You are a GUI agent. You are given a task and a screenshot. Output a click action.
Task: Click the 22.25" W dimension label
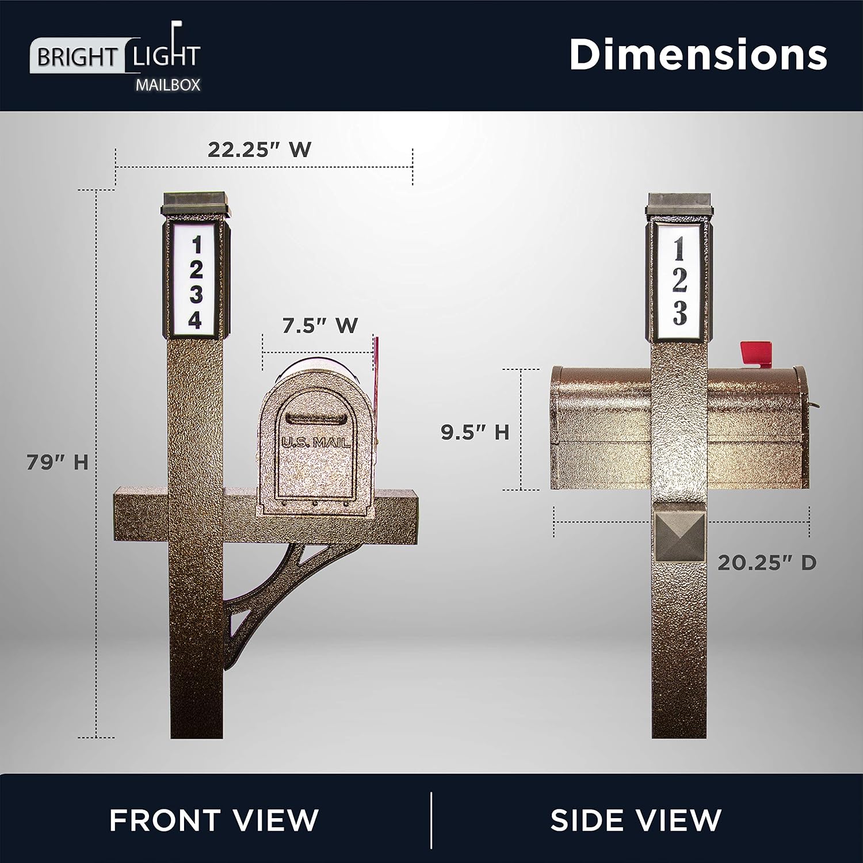point(259,150)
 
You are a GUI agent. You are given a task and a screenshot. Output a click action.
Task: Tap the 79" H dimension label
point(58,462)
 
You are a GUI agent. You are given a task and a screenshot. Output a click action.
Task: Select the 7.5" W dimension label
point(320,326)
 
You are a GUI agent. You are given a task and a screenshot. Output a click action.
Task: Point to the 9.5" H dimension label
point(475,432)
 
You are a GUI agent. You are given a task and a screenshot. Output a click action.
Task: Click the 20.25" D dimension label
point(767,563)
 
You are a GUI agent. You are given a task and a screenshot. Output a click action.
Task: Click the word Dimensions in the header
point(698,55)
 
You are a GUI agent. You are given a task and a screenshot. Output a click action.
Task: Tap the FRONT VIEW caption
point(214,819)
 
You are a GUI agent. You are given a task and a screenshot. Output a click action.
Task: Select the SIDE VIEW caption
point(636,819)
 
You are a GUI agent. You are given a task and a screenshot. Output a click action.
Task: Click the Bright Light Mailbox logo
point(115,58)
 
